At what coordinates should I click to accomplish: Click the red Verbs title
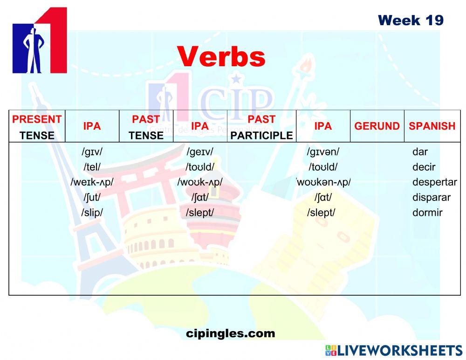[221, 57]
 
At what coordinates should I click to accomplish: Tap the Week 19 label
[411, 21]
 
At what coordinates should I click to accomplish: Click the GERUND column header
[377, 126]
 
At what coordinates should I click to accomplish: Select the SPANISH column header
[432, 126]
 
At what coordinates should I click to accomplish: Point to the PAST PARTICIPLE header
[261, 127]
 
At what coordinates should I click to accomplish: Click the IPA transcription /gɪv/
[92, 152]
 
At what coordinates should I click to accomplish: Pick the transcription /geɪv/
[199, 152]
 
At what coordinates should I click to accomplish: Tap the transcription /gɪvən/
[322, 152]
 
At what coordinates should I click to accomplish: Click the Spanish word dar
[420, 152]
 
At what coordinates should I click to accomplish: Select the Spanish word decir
[424, 167]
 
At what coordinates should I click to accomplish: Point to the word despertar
[434, 182]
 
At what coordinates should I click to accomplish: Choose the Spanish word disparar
[431, 197]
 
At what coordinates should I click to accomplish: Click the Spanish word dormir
[427, 213]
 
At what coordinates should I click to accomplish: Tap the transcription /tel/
[92, 167]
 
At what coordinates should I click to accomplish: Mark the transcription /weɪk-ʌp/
[92, 182]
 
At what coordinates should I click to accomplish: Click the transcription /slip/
[92, 213]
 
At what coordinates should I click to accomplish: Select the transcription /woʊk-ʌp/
[199, 182]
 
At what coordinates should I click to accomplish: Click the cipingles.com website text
[230, 333]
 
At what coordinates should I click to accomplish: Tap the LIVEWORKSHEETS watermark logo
[394, 351]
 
